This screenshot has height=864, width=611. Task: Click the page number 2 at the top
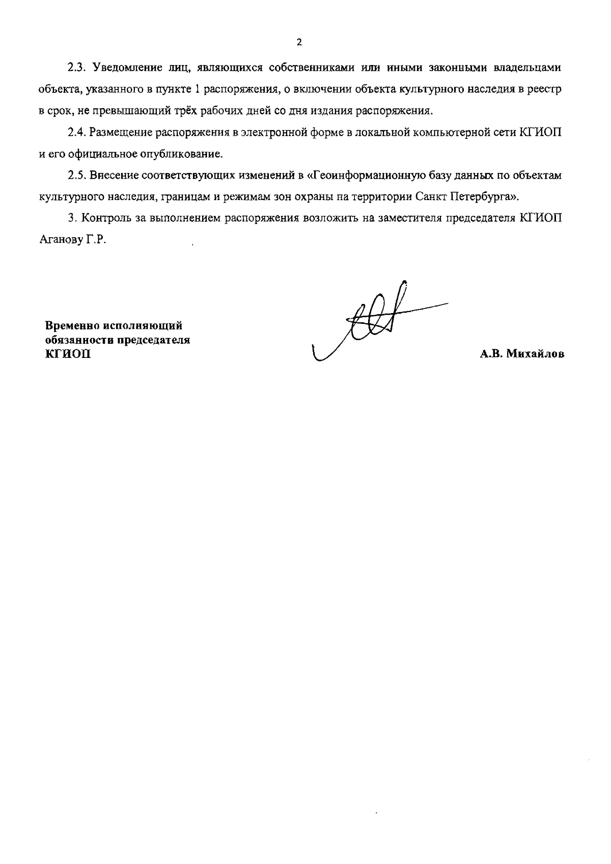pyautogui.click(x=299, y=42)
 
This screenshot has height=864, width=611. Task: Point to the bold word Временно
pyautogui.click(x=71, y=326)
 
